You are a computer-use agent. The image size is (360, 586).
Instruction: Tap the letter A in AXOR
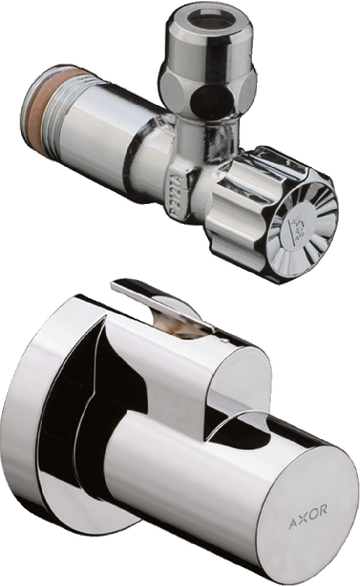click(292, 525)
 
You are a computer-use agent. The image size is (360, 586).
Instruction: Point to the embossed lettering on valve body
click(177, 191)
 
